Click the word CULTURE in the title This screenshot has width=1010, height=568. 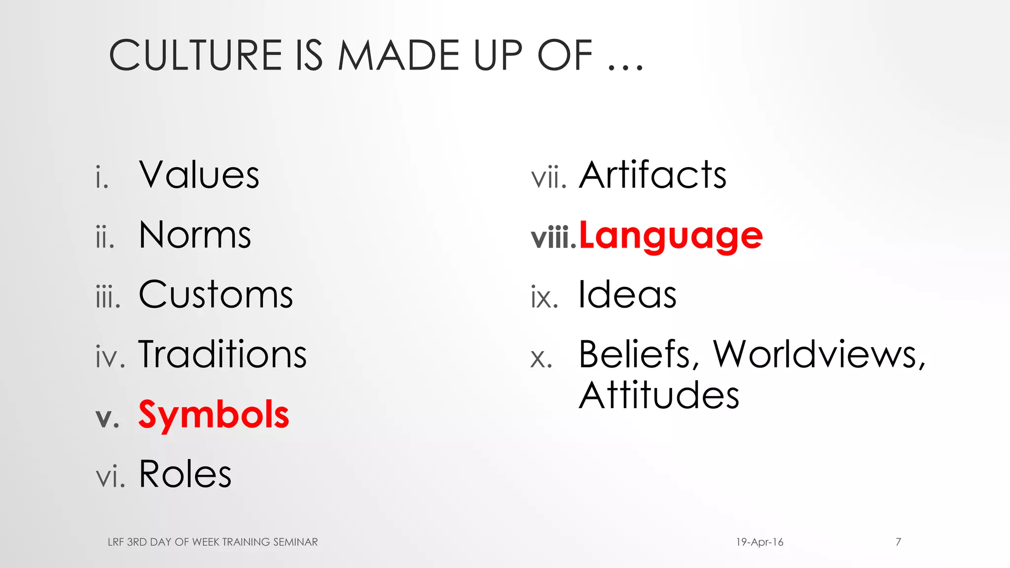click(195, 55)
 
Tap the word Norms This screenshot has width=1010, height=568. click(195, 235)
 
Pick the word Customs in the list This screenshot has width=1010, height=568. click(216, 295)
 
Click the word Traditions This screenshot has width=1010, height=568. click(222, 355)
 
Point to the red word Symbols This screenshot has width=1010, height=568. click(214, 415)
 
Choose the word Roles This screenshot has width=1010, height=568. click(185, 474)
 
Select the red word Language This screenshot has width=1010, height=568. click(671, 236)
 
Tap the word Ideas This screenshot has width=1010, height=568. click(627, 295)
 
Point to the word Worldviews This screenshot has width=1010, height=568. click(819, 355)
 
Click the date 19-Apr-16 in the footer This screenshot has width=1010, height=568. click(759, 542)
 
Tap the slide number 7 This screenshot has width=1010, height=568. click(898, 542)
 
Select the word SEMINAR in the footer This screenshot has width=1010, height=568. click(295, 542)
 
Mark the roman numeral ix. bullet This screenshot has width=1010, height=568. click(544, 297)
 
